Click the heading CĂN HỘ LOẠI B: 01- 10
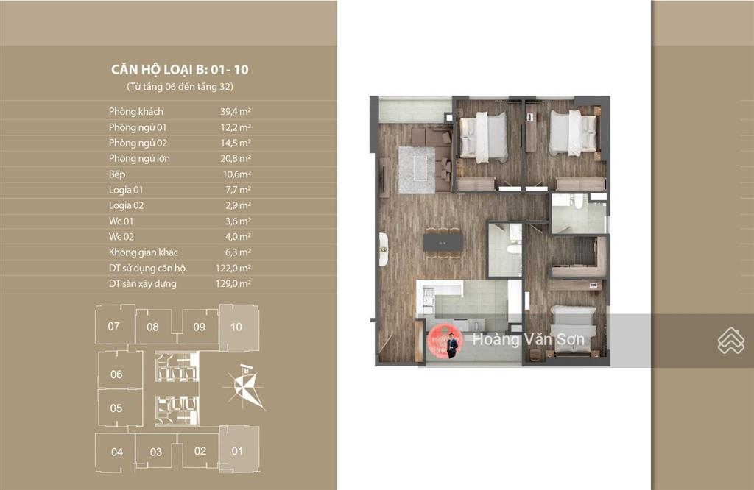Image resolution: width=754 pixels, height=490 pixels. [x=180, y=70]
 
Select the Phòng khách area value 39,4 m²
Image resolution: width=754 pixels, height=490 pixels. [x=236, y=111]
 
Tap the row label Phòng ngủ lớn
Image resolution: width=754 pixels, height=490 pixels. [x=139, y=158]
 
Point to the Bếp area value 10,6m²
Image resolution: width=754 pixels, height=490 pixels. [x=236, y=174]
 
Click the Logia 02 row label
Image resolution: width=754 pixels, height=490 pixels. [x=126, y=205]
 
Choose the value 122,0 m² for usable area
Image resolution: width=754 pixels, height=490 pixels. [x=233, y=268]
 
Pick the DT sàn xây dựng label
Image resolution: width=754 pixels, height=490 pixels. [x=142, y=284]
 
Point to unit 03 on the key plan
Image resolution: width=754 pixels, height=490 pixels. [x=156, y=452]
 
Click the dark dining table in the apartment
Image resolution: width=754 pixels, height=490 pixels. [x=443, y=242]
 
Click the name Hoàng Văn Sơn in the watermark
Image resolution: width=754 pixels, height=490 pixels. [x=529, y=340]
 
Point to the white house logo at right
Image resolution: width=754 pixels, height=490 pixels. [x=731, y=341]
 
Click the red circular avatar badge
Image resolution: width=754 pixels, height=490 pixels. [x=445, y=341]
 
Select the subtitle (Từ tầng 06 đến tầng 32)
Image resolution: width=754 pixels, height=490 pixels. [x=180, y=87]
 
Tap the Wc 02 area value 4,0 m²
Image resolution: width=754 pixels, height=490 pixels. [x=238, y=237]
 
